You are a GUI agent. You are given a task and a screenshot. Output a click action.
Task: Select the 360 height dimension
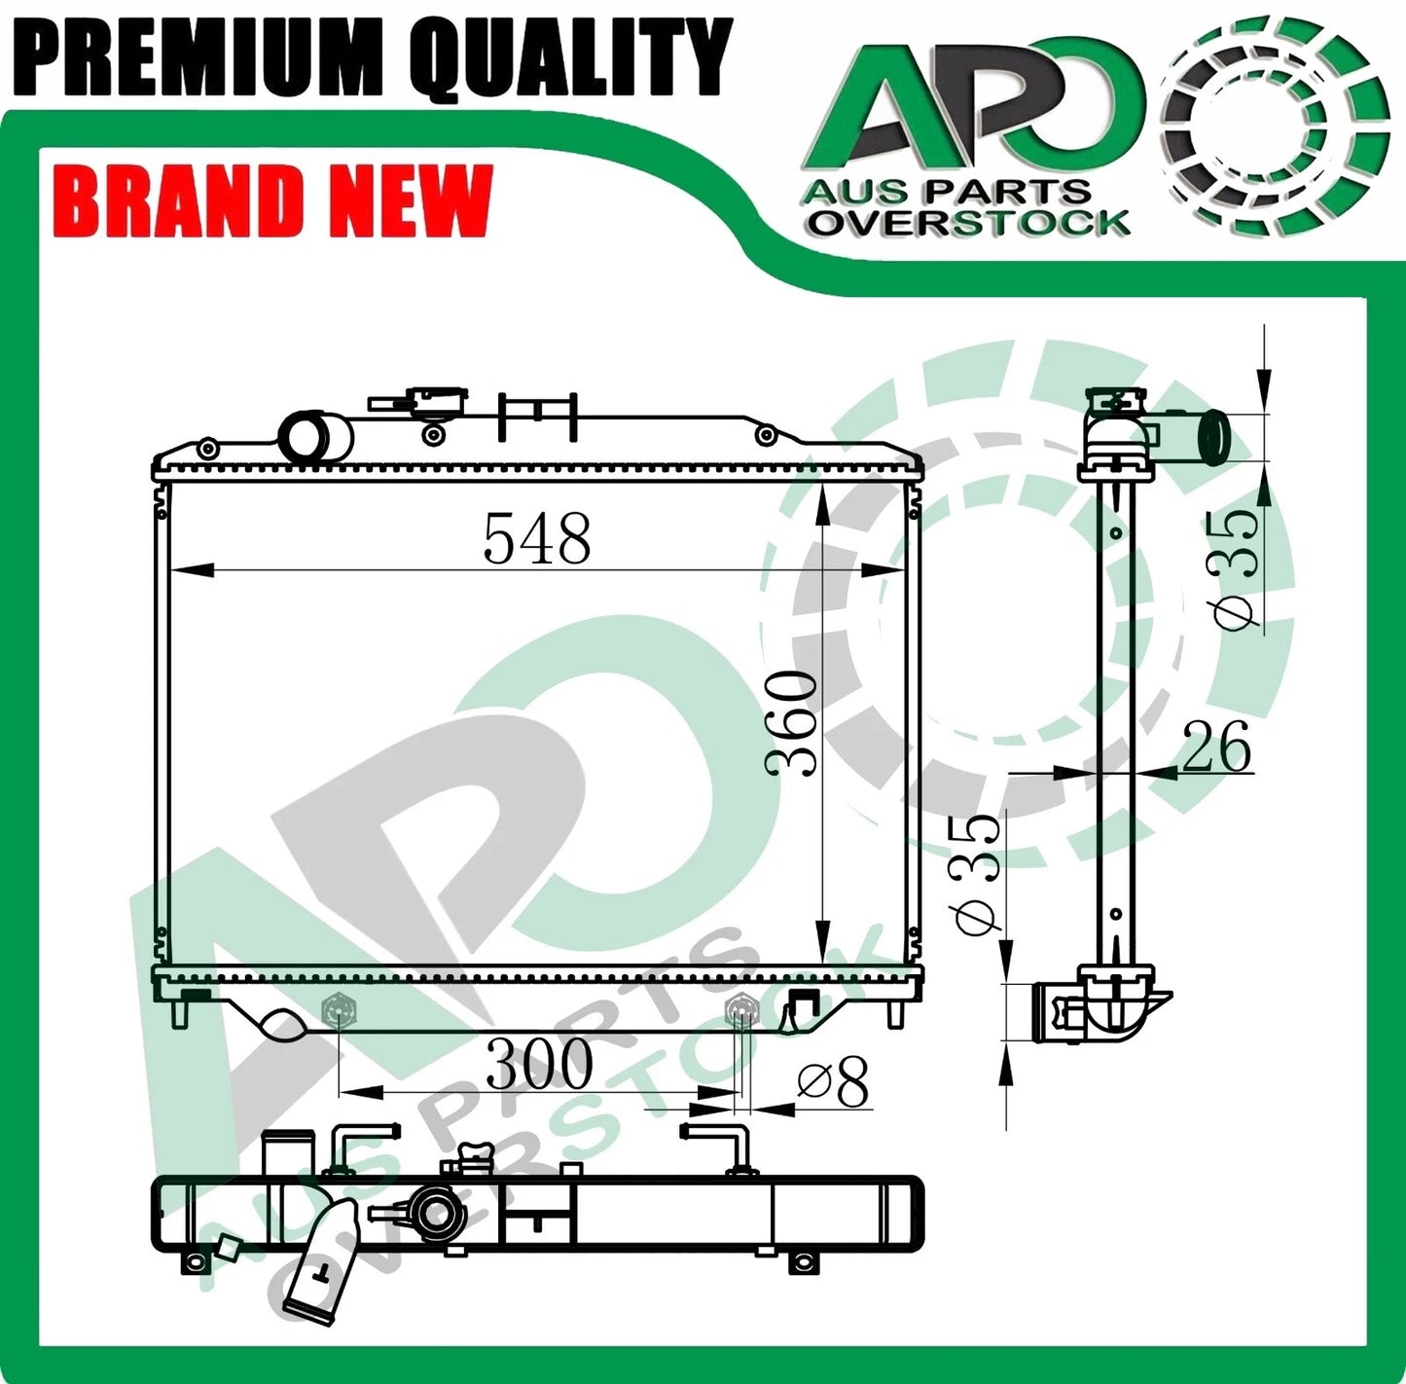pos(790,722)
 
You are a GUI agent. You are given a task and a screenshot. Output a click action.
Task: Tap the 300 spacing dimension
pos(539,1065)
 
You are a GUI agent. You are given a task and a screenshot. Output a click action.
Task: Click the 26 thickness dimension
pos(1216,747)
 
